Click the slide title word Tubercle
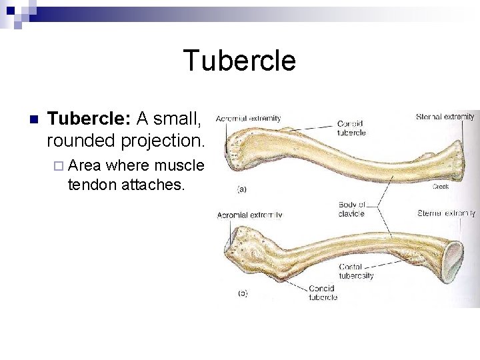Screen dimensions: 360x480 [239, 61]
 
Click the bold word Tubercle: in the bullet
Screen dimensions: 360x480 [89, 119]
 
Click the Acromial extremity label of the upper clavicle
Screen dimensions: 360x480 [248, 119]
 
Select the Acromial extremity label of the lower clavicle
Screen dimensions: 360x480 [249, 215]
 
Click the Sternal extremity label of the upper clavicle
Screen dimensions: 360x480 [445, 117]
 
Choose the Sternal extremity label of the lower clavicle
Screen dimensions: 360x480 [446, 213]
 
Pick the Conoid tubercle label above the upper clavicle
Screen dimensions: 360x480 [351, 128]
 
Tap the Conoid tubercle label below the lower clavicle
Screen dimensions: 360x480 [323, 293]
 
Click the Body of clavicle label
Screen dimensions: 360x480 [351, 209]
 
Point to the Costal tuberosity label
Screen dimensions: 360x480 [356, 271]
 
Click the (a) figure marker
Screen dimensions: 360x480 [241, 189]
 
